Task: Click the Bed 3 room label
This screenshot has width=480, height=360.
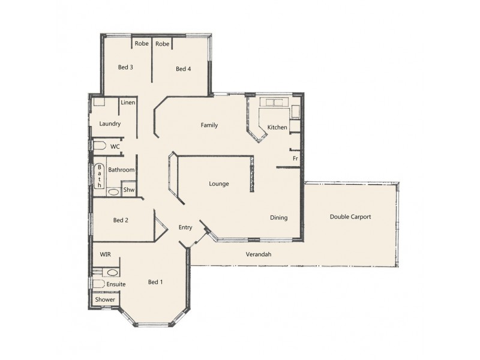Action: click(x=125, y=67)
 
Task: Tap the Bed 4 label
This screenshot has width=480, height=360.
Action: click(x=183, y=69)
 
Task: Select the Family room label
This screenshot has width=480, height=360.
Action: click(x=209, y=125)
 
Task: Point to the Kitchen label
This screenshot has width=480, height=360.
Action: click(x=277, y=127)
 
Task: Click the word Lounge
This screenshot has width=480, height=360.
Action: click(x=219, y=184)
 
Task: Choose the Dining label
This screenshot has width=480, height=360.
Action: click(x=278, y=218)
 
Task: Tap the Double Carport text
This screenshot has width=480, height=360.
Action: click(x=350, y=217)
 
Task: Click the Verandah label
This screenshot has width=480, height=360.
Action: click(x=259, y=254)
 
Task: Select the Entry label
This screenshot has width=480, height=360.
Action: click(x=185, y=227)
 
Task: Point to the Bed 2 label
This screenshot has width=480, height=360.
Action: click(x=121, y=220)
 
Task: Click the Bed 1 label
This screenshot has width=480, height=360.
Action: click(x=155, y=281)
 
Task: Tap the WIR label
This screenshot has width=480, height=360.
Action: click(x=105, y=254)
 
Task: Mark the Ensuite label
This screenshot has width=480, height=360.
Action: click(x=116, y=283)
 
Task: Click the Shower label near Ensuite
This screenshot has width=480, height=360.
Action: click(x=104, y=299)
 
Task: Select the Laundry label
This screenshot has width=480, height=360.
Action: click(x=110, y=124)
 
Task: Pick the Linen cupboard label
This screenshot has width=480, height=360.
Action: click(x=127, y=103)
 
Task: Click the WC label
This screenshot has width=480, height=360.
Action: click(x=115, y=146)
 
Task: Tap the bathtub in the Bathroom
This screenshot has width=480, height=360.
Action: click(x=99, y=176)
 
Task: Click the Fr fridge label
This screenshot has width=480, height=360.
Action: click(x=295, y=158)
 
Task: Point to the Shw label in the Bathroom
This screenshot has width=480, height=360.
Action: click(x=128, y=190)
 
